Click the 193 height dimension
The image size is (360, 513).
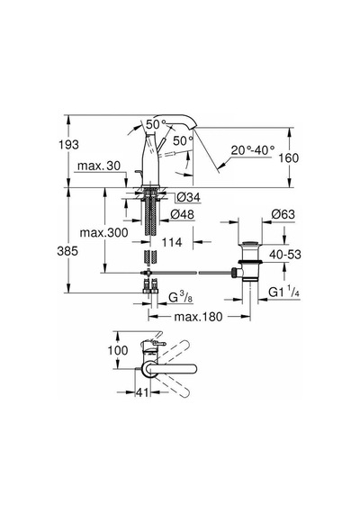click(68, 144)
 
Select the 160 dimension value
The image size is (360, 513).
click(289, 158)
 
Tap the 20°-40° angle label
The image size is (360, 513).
click(253, 150)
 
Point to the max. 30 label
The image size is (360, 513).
click(99, 166)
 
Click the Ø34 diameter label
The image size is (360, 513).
click(188, 197)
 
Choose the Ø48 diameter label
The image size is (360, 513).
click(183, 214)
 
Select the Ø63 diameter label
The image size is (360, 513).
click(283, 214)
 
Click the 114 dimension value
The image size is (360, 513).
click(172, 242)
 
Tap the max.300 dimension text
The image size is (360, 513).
click(104, 233)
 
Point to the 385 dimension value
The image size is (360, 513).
click(67, 251)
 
